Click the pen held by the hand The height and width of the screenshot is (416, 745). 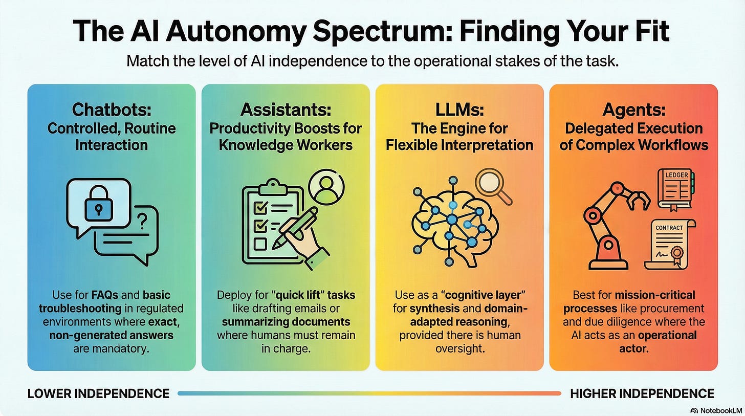tap(295, 227)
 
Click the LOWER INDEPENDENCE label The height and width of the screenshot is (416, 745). tap(98, 393)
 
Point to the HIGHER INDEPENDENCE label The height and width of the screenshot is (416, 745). tap(642, 393)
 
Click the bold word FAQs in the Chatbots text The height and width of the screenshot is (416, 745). tap(107, 295)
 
